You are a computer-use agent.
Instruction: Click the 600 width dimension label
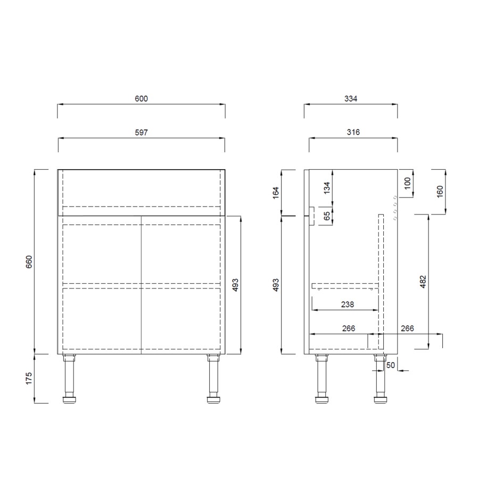click(141, 98)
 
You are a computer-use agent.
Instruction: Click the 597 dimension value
click(141, 132)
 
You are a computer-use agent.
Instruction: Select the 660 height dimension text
click(29, 262)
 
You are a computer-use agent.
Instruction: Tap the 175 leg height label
click(29, 378)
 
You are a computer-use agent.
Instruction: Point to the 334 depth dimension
click(350, 98)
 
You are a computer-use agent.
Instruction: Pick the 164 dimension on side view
click(275, 193)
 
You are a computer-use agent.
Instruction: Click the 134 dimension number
click(327, 187)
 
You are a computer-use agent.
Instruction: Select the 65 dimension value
click(327, 216)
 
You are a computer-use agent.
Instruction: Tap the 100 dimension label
click(408, 183)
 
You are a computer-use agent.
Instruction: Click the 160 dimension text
click(440, 192)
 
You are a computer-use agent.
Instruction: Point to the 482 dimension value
click(423, 281)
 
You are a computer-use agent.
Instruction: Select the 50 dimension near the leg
click(391, 366)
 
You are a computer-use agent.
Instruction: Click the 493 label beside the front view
click(235, 284)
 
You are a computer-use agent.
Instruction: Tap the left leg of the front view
click(70, 378)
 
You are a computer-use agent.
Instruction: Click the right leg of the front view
click(213, 378)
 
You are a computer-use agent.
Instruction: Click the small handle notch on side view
click(312, 216)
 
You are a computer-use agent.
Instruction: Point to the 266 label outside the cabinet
click(407, 329)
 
